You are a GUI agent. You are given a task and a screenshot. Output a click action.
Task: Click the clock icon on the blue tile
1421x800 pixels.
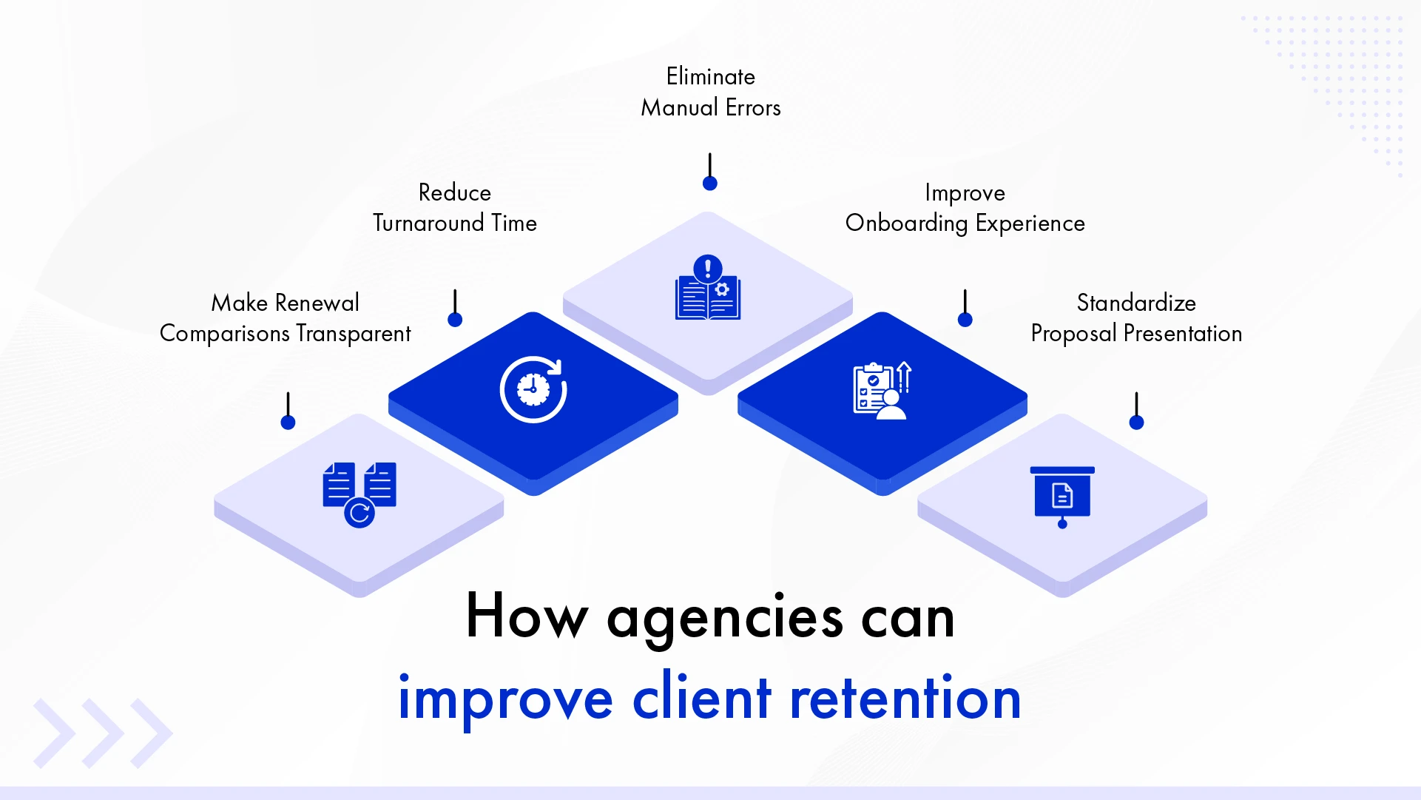tap(533, 389)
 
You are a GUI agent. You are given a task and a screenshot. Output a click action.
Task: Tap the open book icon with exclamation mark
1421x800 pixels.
tap(708, 289)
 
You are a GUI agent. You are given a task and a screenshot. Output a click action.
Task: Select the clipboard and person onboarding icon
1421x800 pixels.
tap(882, 391)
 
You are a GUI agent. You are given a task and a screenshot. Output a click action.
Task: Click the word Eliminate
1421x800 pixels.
tap(710, 76)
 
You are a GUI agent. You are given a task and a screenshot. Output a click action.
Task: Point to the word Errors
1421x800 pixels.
tap(753, 108)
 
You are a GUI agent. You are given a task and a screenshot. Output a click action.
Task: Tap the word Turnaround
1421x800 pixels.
tap(429, 223)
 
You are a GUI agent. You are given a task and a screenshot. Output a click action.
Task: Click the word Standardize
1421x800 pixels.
tap(1136, 303)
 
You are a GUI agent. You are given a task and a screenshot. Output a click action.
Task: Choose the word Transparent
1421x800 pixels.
tap(353, 334)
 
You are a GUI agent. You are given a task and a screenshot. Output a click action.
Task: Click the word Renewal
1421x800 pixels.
tap(317, 303)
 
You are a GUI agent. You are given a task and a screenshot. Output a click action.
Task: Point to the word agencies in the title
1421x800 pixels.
tap(724, 618)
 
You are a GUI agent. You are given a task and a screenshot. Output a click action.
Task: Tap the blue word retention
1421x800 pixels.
tap(905, 698)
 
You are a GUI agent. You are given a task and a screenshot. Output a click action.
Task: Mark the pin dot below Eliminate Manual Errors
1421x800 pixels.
tap(710, 184)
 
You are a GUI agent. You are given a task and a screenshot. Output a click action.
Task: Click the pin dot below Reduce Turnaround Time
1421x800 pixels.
tap(455, 320)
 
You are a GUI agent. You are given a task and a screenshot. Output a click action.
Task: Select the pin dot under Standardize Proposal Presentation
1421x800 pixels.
tap(1137, 423)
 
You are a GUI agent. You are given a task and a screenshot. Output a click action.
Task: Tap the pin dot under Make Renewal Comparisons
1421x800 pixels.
tap(288, 423)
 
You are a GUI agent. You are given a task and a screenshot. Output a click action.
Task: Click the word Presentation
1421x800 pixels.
tap(1182, 334)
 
